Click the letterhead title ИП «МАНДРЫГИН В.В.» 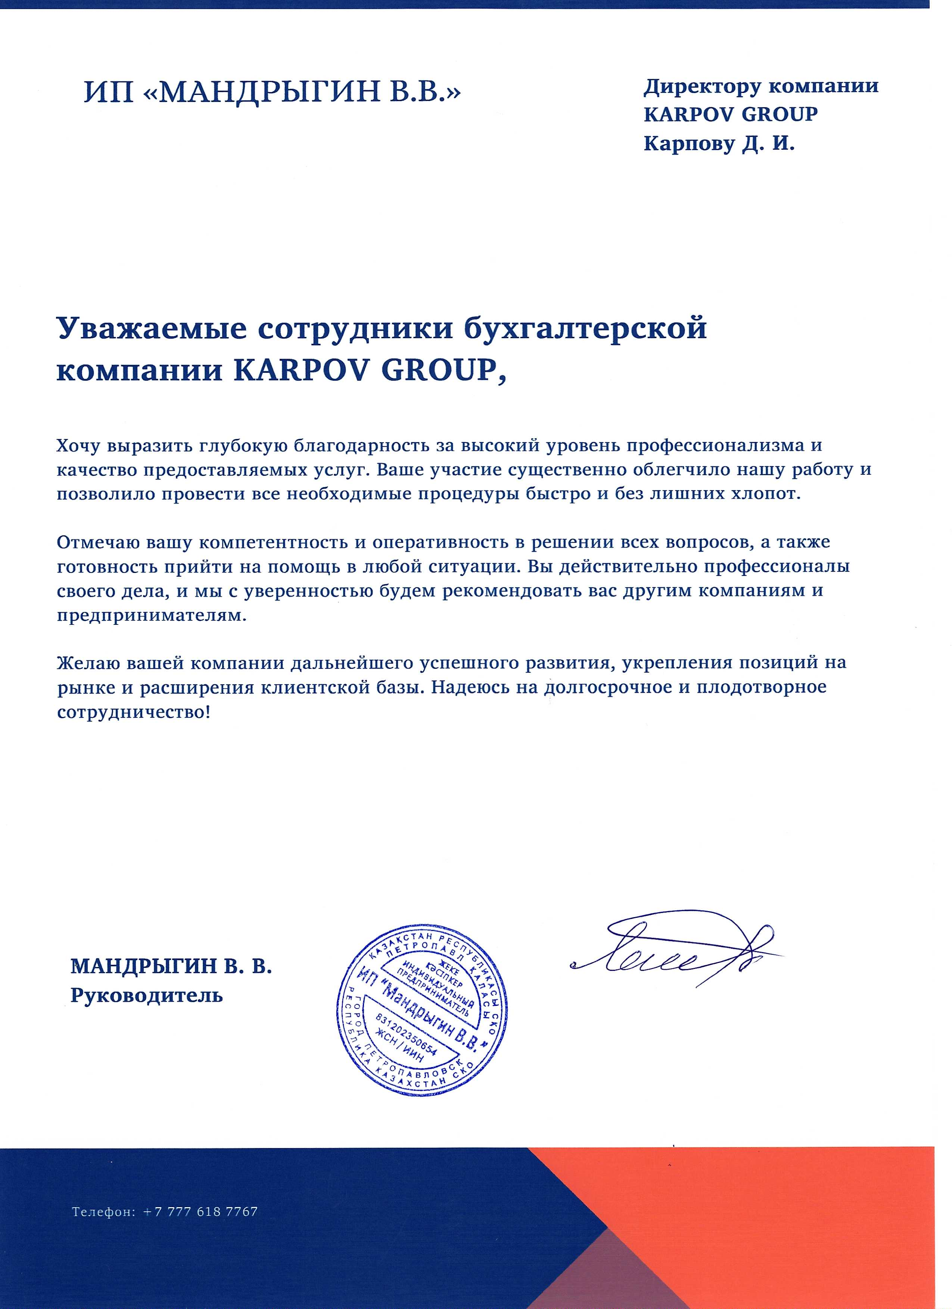(x=273, y=92)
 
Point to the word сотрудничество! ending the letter (x=134, y=712)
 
